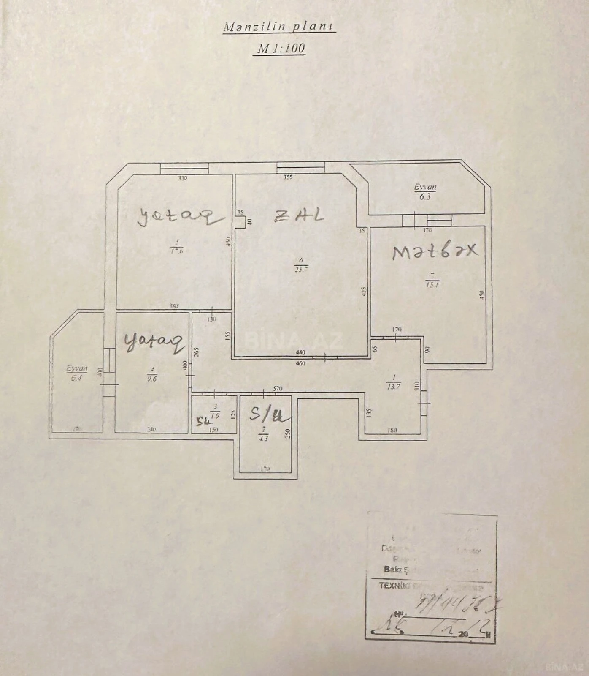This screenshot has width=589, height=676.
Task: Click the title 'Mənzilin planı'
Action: pyautogui.click(x=279, y=27)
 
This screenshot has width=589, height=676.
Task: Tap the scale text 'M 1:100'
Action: pyautogui.click(x=281, y=48)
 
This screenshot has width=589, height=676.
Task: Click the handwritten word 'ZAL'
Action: pyautogui.click(x=299, y=215)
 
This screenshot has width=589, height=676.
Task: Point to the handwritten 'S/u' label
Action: pyautogui.click(x=269, y=414)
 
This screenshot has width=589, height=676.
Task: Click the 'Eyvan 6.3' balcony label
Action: pyautogui.click(x=425, y=191)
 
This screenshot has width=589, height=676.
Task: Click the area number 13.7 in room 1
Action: pyautogui.click(x=393, y=386)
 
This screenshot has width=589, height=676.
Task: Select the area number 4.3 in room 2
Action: pyautogui.click(x=264, y=439)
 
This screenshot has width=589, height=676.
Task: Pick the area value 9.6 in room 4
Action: pyautogui.click(x=152, y=379)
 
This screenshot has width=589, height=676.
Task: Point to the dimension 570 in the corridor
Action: pyautogui.click(x=277, y=389)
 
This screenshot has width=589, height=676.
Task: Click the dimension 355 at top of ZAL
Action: pyautogui.click(x=288, y=177)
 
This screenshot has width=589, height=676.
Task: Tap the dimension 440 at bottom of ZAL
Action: pyautogui.click(x=300, y=352)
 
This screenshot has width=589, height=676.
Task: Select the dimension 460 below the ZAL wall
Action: pyautogui.click(x=300, y=363)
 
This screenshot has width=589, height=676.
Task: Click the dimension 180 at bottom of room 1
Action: pyautogui.click(x=392, y=431)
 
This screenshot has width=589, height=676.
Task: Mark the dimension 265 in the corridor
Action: pyautogui.click(x=196, y=352)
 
